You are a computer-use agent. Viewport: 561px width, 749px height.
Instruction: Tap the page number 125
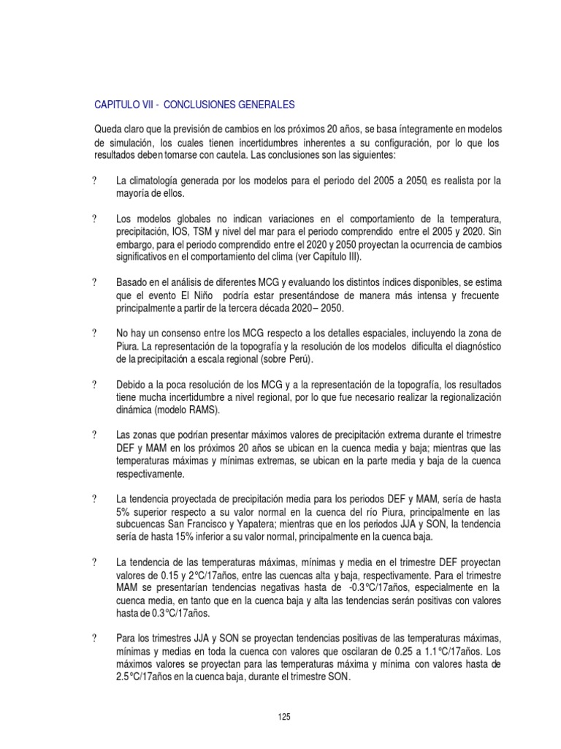[284, 717]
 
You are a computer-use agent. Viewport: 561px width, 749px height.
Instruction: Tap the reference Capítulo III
[341, 257]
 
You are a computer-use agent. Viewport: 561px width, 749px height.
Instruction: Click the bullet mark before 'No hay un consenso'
[96, 334]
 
